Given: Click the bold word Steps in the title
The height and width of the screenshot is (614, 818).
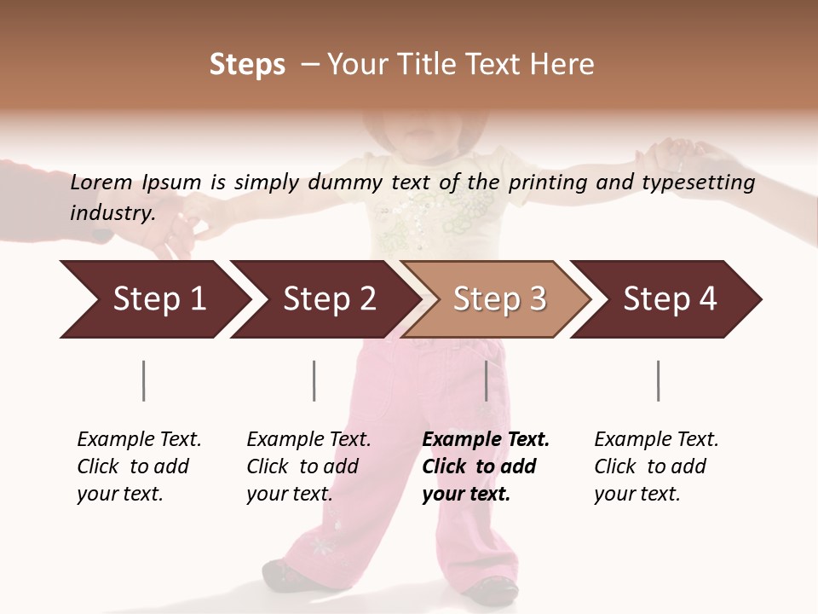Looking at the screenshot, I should (x=247, y=65).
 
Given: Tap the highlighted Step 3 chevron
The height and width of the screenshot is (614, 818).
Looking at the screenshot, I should (x=499, y=299).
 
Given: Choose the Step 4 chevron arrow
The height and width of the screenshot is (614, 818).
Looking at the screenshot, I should (x=670, y=299).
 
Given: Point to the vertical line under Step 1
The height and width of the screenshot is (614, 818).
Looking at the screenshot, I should (x=143, y=380).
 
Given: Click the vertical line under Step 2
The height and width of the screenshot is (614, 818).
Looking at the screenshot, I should (x=314, y=380).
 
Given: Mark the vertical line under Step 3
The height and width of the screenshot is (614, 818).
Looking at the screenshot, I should (x=486, y=380).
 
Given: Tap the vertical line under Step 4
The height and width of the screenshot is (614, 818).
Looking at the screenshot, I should (x=658, y=380).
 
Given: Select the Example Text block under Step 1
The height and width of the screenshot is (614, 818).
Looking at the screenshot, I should (x=139, y=466).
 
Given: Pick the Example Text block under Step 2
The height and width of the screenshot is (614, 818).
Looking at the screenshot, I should (x=308, y=466).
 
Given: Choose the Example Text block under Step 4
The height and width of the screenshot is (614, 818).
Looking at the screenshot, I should (x=656, y=466).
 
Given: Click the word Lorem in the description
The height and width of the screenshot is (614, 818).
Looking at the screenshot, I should (x=101, y=182).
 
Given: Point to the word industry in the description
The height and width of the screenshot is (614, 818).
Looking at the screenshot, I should (x=111, y=213).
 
